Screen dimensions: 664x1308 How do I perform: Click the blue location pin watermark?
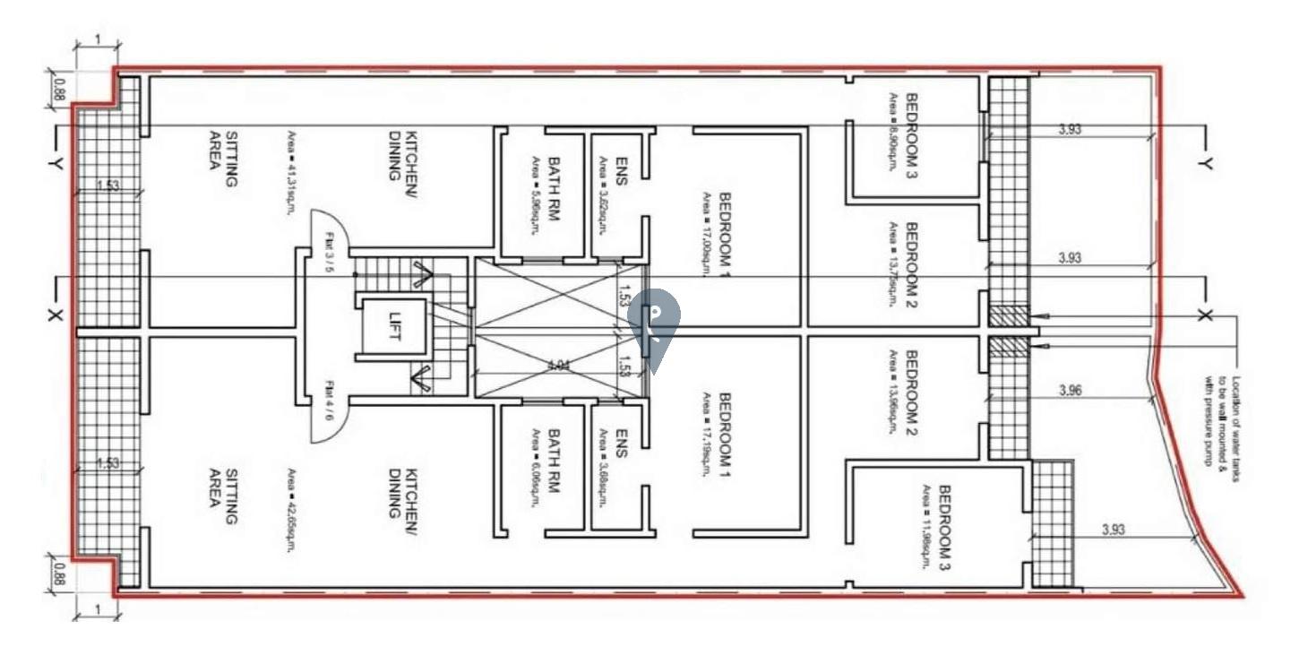(x=654, y=330)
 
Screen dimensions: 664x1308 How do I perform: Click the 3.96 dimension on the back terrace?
(x=1071, y=391)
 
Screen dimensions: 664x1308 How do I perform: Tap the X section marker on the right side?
(x=1204, y=315)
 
